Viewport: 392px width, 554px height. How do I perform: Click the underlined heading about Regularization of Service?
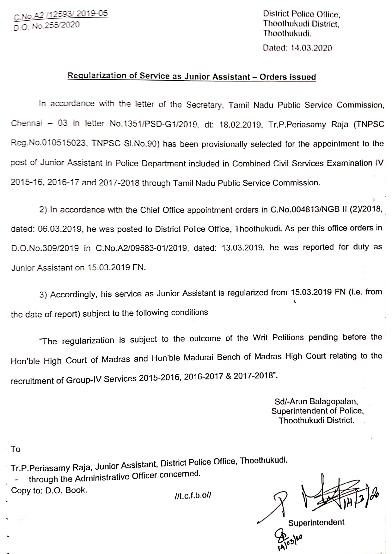click(x=192, y=76)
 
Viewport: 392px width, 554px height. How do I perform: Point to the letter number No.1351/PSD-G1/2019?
click(x=154, y=124)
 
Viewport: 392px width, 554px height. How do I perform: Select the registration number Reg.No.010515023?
click(x=48, y=144)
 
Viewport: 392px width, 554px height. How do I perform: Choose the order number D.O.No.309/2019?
click(x=45, y=248)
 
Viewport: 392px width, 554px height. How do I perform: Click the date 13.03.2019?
click(x=243, y=248)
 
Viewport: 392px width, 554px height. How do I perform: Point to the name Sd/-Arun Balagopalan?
click(x=316, y=402)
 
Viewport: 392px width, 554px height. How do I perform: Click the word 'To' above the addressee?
click(x=15, y=449)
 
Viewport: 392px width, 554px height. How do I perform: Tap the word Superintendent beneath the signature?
click(x=316, y=523)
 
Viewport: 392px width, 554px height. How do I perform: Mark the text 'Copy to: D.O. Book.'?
click(x=49, y=490)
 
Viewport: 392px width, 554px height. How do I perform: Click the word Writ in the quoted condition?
click(x=260, y=338)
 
